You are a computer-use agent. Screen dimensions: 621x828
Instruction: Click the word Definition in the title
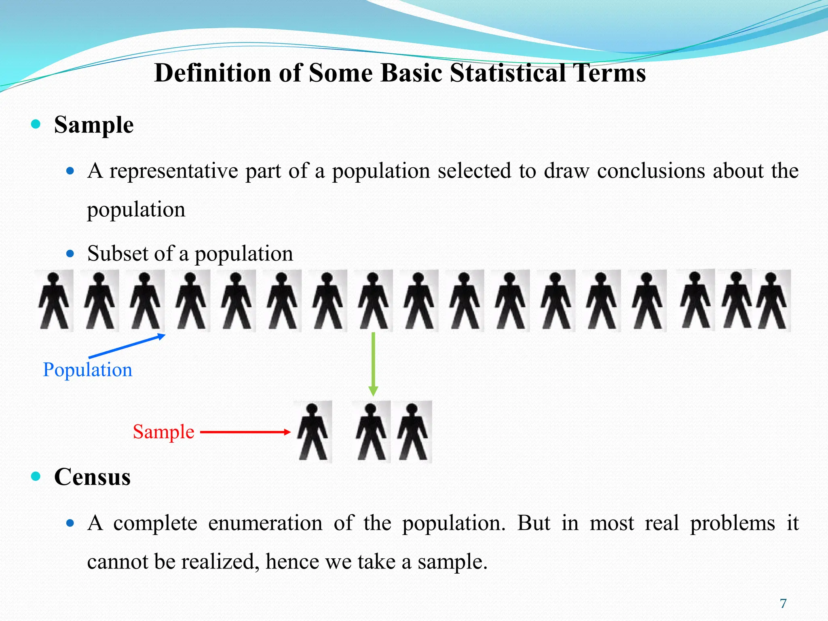pyautogui.click(x=213, y=73)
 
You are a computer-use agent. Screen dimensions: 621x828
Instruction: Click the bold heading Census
pyautogui.click(x=92, y=477)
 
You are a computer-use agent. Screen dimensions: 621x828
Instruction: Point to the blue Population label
pyautogui.click(x=87, y=370)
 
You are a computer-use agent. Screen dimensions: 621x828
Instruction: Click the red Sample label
pyautogui.click(x=163, y=432)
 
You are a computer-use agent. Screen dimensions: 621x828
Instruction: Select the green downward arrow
pyautogui.click(x=373, y=364)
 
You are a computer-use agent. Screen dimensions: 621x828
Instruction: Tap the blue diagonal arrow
pyautogui.click(x=127, y=346)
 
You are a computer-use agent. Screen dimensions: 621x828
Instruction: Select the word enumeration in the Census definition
pyautogui.click(x=265, y=523)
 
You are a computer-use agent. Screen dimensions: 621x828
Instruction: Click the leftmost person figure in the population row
pyautogui.click(x=54, y=301)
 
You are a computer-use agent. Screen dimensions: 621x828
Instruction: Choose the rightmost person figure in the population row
pyautogui.click(x=772, y=301)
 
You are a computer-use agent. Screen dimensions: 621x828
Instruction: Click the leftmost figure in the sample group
pyautogui.click(x=313, y=432)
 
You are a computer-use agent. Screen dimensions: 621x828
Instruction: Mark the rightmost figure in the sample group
pyautogui.click(x=413, y=432)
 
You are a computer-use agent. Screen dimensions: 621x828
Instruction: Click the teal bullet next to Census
pyautogui.click(x=36, y=476)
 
